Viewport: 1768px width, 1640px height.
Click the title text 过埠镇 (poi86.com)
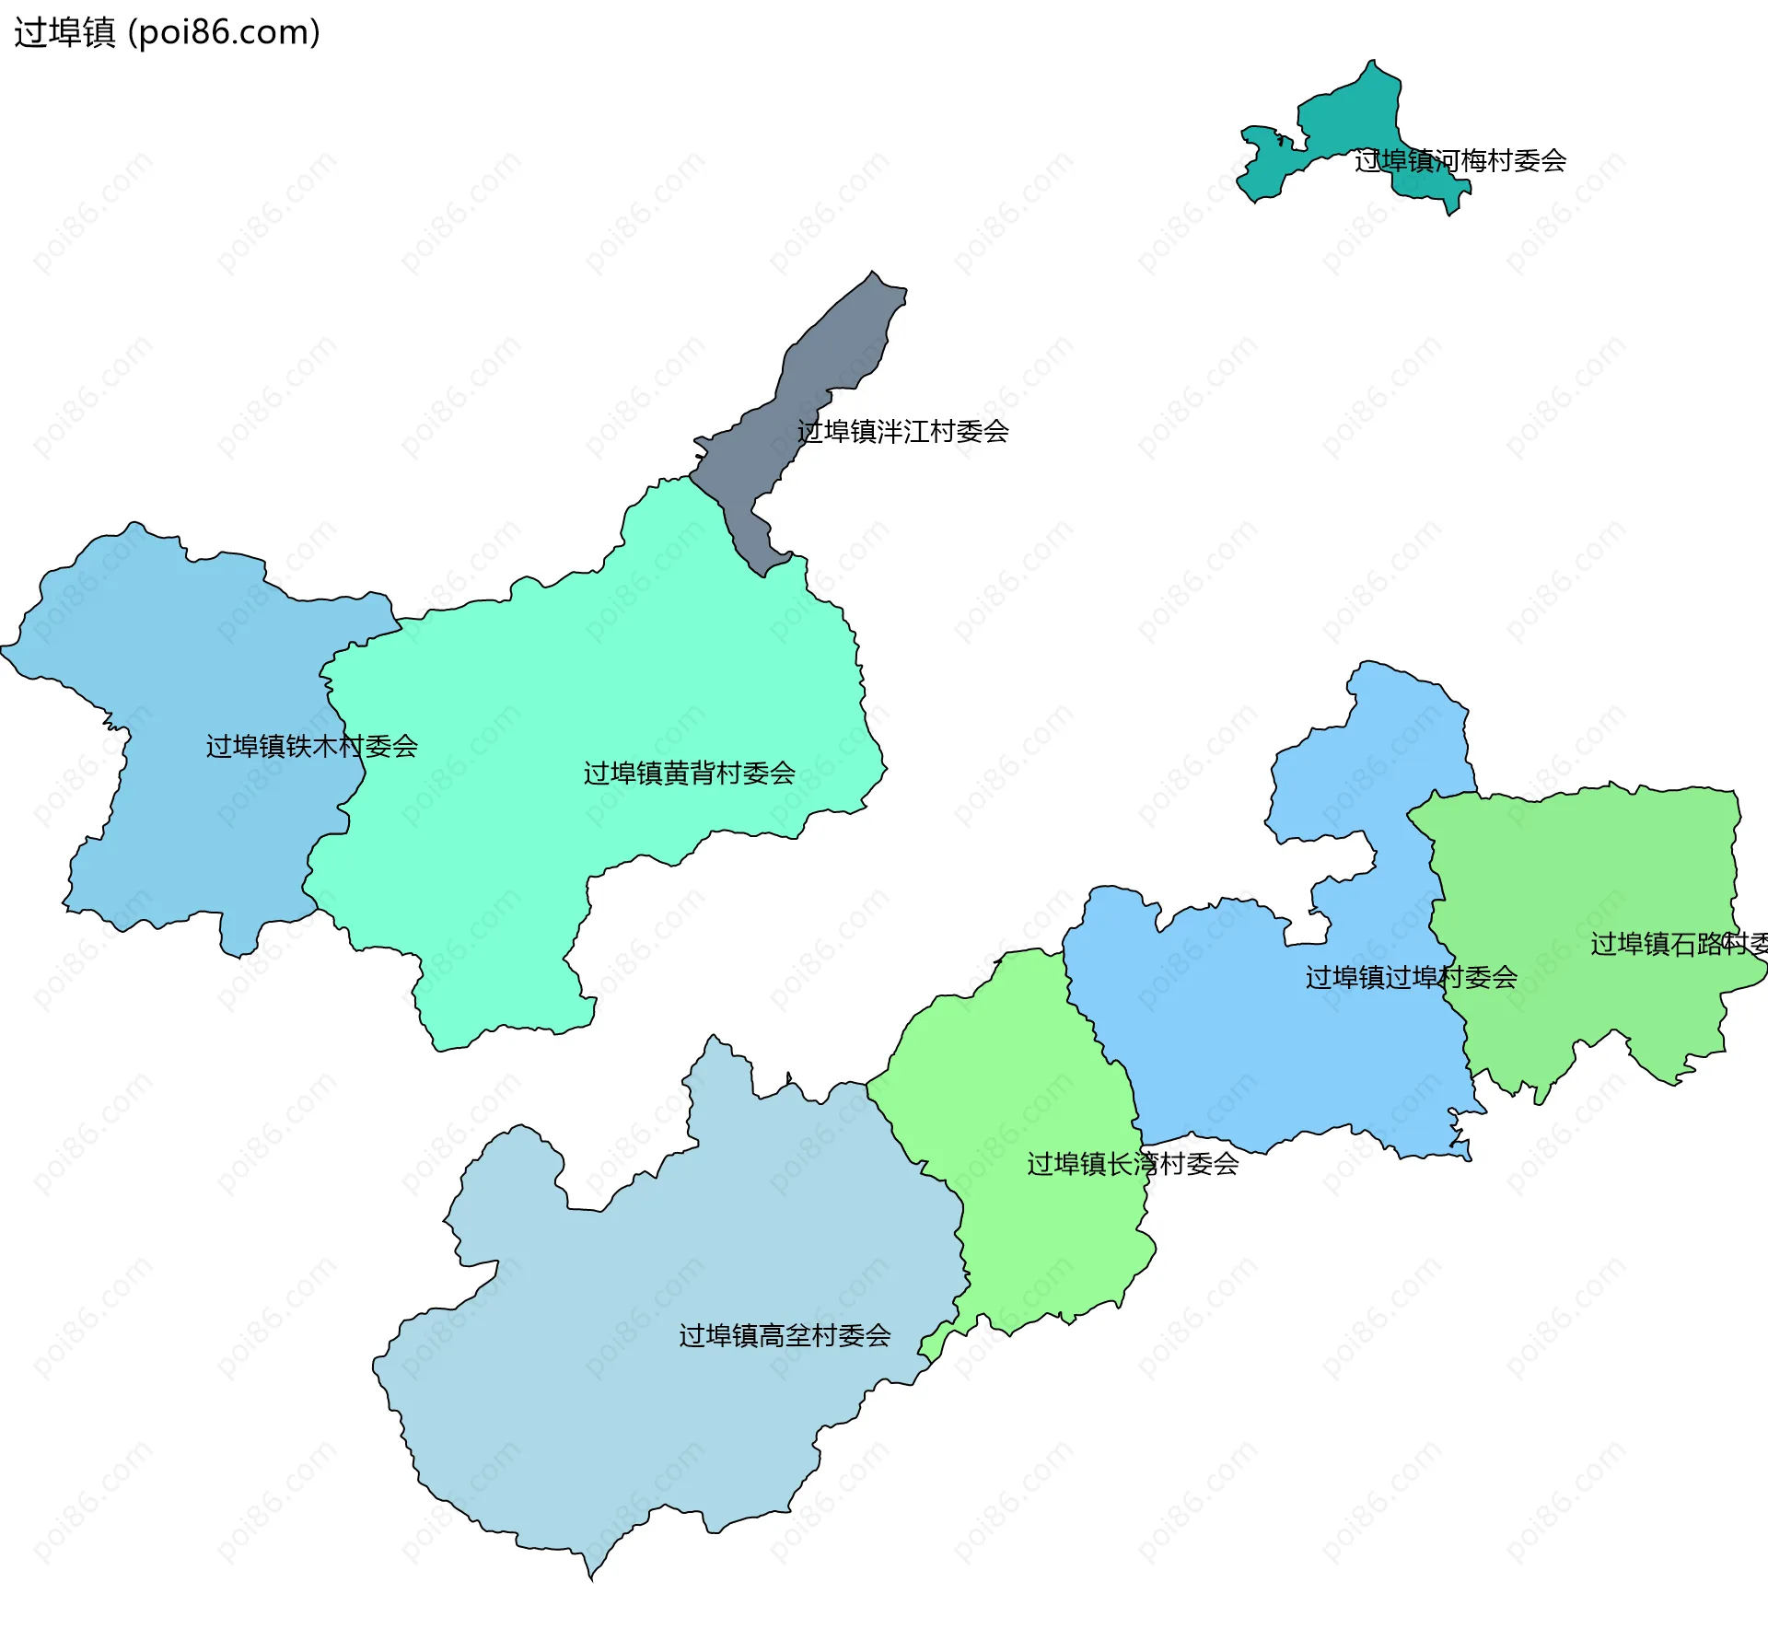[167, 32]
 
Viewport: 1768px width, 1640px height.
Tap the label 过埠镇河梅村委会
[1460, 161]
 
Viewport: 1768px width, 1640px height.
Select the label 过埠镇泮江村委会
[902, 432]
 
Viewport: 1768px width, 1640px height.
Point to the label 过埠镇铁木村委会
[311, 746]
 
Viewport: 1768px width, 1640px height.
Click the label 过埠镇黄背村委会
[689, 773]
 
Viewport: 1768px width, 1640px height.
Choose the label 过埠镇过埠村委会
[1411, 977]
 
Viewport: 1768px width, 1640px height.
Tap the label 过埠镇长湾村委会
[1133, 1164]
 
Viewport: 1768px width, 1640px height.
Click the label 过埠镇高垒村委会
[785, 1335]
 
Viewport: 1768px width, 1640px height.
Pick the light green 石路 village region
[1584, 875]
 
